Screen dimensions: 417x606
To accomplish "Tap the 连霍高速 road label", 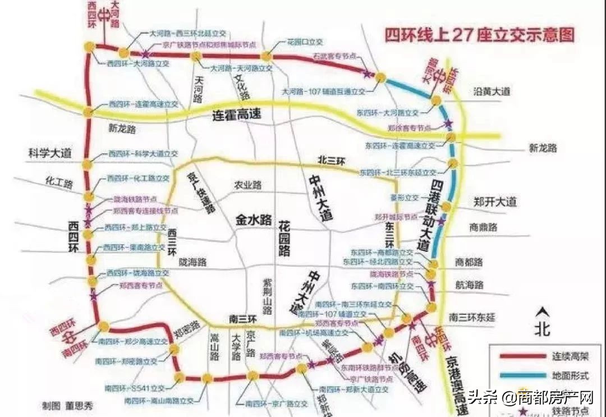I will tap(238, 116).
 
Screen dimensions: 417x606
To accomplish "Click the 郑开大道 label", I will tap(494, 202).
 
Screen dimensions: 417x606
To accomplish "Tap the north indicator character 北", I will tap(541, 329).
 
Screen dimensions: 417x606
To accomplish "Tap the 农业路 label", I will tap(248, 185).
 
